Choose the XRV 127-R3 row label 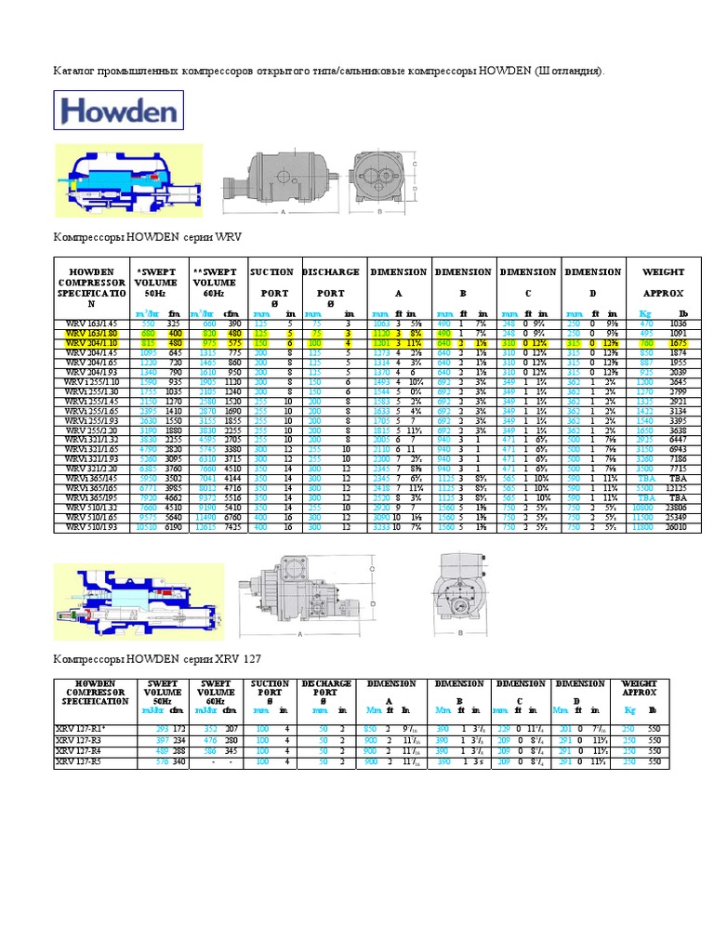coord(80,740)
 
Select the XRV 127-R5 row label coord(80,761)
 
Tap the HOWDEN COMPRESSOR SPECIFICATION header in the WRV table coord(90,287)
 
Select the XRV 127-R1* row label coord(81,729)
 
